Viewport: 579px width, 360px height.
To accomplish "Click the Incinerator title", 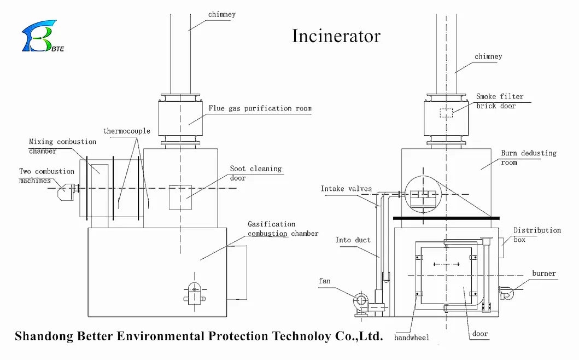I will click(336, 36).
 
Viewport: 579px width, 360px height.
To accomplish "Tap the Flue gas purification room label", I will click(260, 108).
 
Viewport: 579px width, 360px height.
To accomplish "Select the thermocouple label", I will click(127, 131).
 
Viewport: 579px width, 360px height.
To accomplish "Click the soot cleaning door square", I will click(180, 197).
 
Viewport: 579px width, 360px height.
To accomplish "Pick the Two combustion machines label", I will click(46, 176).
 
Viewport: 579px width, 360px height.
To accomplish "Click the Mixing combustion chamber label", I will click(62, 146).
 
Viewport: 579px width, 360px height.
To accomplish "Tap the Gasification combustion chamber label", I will click(282, 229).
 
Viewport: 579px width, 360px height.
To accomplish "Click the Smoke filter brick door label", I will click(499, 101).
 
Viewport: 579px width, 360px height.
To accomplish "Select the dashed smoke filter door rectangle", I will click(446, 113).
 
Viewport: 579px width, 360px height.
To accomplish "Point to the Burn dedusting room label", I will click(528, 158).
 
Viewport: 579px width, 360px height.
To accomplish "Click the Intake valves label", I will click(346, 189).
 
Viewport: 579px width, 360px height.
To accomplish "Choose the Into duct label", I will click(353, 240).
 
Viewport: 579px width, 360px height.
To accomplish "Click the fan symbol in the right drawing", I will click(361, 300).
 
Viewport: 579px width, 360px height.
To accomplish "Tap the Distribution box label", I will click(536, 235).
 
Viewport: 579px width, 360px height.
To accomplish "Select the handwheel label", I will click(412, 338).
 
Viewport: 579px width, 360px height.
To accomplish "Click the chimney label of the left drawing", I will click(222, 14).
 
